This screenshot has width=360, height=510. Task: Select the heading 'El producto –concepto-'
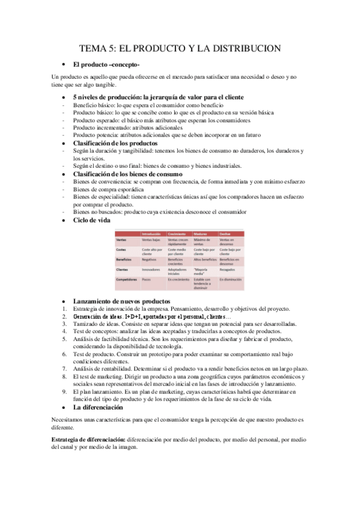point(102,64)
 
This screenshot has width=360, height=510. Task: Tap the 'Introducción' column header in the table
point(154,233)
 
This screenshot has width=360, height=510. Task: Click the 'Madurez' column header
point(201,233)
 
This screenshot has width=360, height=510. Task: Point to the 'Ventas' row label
point(121,239)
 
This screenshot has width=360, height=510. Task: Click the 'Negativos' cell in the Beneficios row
point(150,259)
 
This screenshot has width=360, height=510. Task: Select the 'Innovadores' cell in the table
point(151,270)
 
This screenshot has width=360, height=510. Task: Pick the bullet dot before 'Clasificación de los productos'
point(63,144)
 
